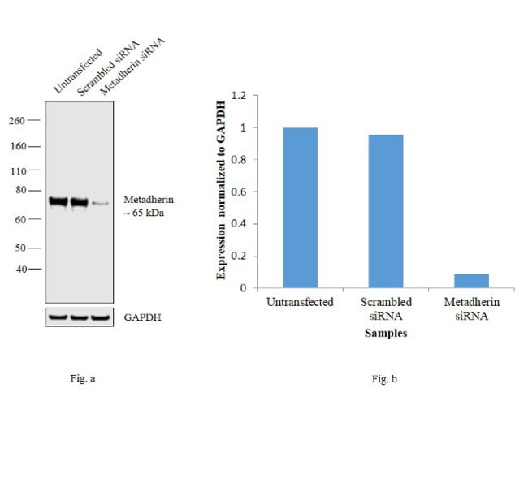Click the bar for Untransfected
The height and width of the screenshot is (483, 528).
point(300,207)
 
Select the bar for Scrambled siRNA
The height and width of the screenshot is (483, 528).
point(379,211)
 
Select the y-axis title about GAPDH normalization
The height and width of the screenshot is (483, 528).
point(221,192)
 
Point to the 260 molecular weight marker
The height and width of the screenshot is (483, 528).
point(17,120)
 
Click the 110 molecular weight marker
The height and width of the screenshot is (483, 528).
point(17,170)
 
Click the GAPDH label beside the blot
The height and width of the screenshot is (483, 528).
point(142,317)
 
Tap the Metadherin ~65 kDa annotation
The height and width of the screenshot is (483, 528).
point(149,206)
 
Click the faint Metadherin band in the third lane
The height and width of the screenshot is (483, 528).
point(99,203)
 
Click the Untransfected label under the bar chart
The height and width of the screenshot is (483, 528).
point(300,302)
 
